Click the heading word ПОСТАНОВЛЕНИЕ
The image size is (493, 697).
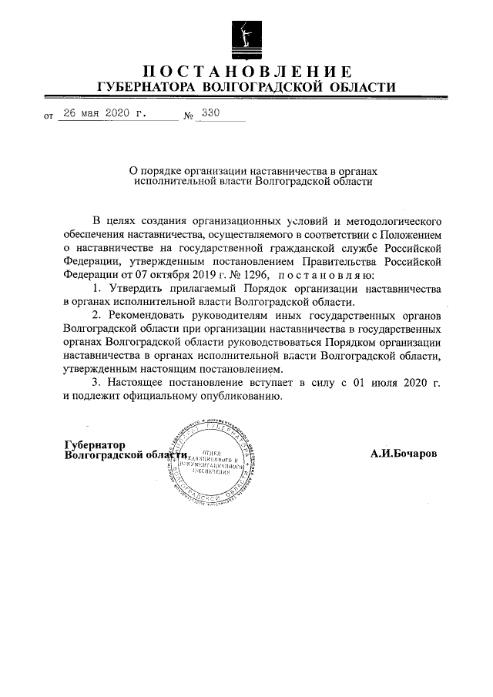246,72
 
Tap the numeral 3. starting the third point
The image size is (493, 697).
96,382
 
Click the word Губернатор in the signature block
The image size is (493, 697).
95,444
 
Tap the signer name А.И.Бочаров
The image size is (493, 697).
403,454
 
